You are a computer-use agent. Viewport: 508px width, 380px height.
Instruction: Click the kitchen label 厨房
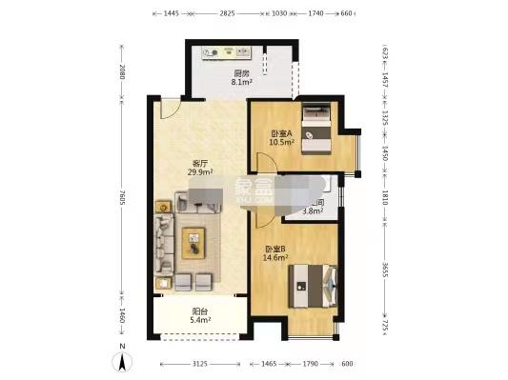coord(241,73)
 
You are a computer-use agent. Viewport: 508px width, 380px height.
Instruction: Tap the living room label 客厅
coord(200,163)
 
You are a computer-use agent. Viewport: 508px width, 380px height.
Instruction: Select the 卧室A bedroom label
coord(281,133)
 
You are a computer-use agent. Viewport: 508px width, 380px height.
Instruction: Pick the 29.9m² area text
coord(200,173)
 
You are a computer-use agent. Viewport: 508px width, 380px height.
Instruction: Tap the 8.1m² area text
coord(241,83)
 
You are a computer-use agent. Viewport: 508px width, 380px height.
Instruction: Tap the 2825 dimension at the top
coord(228,14)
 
